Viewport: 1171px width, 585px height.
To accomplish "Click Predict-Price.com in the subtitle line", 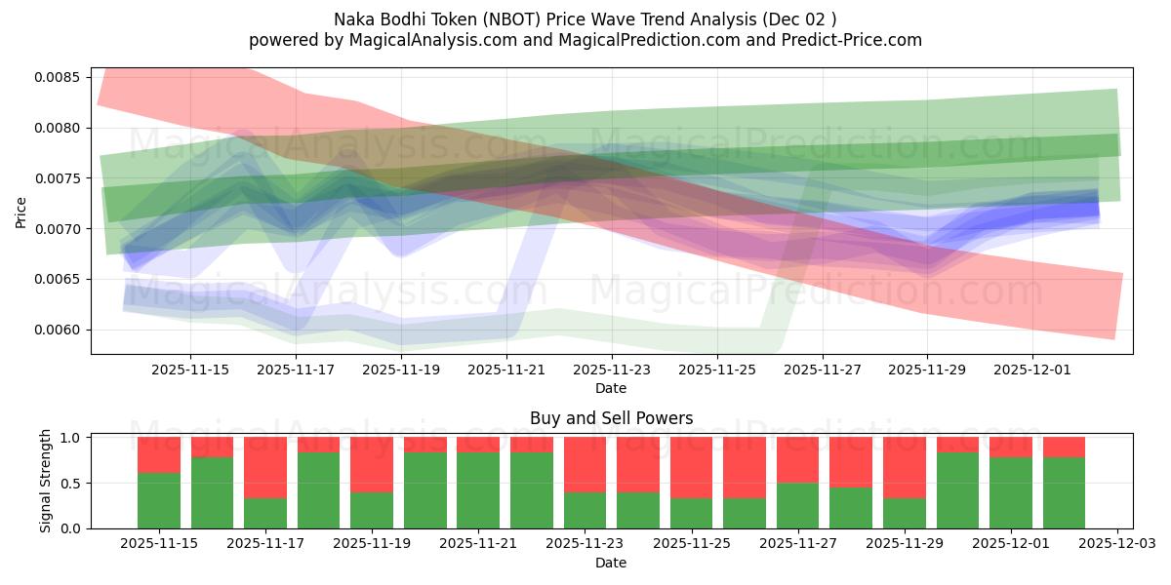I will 847,40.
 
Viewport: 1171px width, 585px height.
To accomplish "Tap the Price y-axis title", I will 21,212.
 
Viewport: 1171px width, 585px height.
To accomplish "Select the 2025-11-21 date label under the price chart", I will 506,370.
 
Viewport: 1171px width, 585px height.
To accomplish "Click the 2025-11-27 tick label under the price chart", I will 823,370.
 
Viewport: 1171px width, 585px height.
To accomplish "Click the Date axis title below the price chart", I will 611,388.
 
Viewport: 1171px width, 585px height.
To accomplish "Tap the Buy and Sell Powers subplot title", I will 611,418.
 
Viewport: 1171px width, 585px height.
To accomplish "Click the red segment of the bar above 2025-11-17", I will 265,467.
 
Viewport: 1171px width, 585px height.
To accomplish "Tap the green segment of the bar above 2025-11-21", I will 478,489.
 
